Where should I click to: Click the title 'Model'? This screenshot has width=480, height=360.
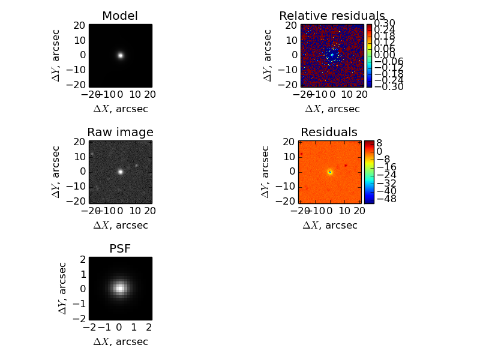click(120, 16)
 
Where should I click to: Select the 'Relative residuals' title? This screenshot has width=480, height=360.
click(332, 16)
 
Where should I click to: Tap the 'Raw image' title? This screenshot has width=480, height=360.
click(120, 132)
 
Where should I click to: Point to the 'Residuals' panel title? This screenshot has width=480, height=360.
click(329, 132)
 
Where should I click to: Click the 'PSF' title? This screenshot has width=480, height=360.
click(120, 248)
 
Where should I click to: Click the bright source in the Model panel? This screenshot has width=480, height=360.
click(120, 55)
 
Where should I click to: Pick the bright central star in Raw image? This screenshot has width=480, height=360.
click(120, 172)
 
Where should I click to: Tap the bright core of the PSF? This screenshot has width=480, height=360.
click(120, 288)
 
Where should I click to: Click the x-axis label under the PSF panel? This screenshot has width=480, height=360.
click(120, 341)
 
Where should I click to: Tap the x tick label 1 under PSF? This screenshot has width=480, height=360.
click(134, 328)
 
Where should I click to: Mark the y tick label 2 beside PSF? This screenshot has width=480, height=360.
click(83, 260)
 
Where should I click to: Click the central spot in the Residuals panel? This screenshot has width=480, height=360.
click(329, 172)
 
